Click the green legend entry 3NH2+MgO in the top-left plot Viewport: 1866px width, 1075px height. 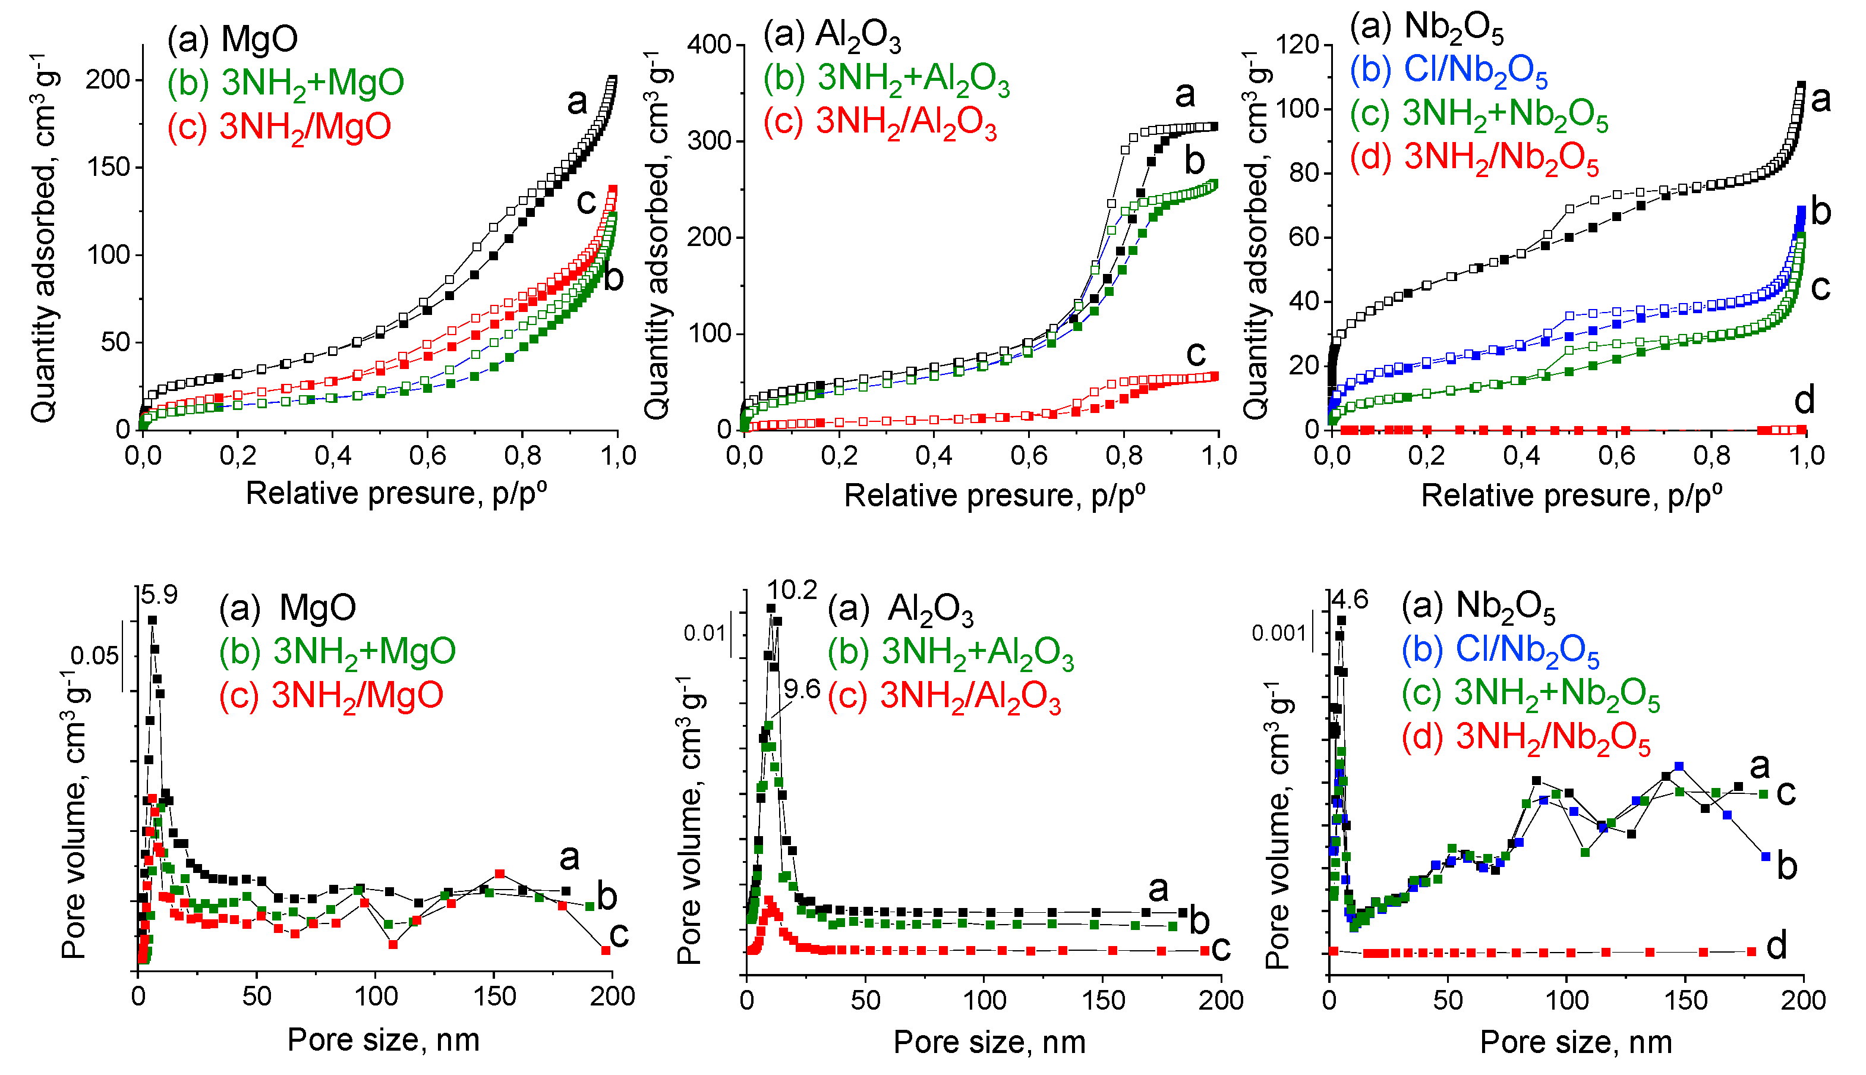(x=286, y=83)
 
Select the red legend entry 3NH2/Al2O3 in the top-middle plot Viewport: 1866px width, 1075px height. (x=880, y=122)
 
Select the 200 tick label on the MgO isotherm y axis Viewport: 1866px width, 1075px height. (x=109, y=79)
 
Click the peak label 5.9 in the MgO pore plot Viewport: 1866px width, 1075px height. (x=159, y=595)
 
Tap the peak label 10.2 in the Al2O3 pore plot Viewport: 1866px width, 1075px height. (x=792, y=590)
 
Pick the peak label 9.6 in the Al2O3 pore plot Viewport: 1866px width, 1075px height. (x=802, y=689)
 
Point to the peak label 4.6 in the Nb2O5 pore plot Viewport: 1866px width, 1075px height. (x=1350, y=600)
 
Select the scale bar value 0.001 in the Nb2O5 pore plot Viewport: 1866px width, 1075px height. (x=1278, y=633)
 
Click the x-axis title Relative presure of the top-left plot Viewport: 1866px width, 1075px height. (x=396, y=493)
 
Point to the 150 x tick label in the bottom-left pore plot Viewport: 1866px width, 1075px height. (x=494, y=996)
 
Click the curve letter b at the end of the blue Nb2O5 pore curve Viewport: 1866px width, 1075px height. (x=1787, y=865)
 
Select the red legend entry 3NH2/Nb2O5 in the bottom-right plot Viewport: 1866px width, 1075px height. (x=1525, y=737)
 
